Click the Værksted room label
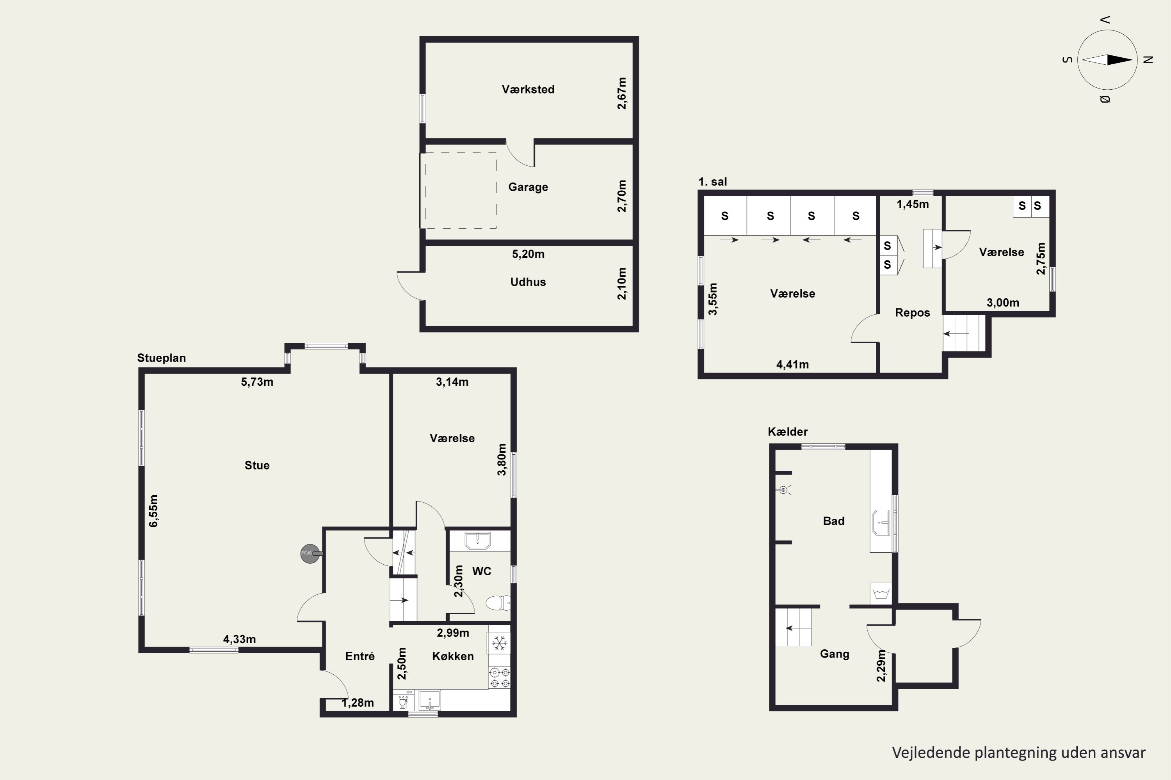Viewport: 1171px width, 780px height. pyautogui.click(x=528, y=90)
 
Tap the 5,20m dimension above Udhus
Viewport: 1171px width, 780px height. pyautogui.click(x=528, y=254)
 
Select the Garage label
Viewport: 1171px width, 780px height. pyautogui.click(x=528, y=187)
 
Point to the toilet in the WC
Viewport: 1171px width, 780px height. pyautogui.click(x=498, y=603)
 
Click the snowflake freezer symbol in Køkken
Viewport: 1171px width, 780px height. pyautogui.click(x=499, y=643)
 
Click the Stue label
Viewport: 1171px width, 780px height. pyautogui.click(x=257, y=466)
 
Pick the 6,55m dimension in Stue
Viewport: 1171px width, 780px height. pyautogui.click(x=153, y=511)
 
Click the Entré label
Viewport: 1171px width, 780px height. pyautogui.click(x=359, y=656)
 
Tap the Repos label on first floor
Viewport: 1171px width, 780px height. pyautogui.click(x=912, y=313)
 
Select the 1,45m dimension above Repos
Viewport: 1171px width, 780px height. pyautogui.click(x=913, y=204)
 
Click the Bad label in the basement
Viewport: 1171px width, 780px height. pyautogui.click(x=833, y=521)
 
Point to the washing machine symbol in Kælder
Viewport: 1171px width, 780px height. pyautogui.click(x=881, y=594)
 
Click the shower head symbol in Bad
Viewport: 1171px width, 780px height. pyautogui.click(x=784, y=490)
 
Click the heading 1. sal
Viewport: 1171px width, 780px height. pyautogui.click(x=712, y=182)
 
